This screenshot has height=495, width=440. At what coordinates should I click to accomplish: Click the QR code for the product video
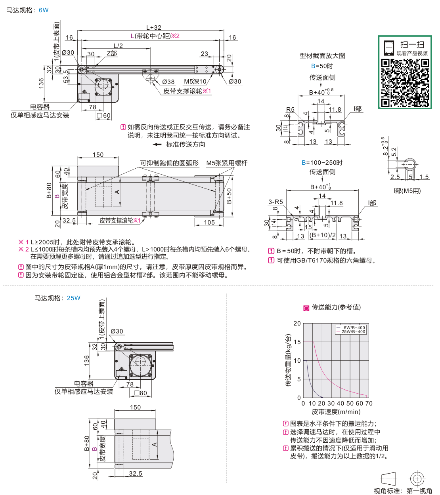[405, 83]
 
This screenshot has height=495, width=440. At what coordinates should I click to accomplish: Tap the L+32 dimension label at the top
[154, 27]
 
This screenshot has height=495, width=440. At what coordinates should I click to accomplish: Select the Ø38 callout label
[168, 82]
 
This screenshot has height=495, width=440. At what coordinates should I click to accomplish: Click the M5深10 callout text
[195, 82]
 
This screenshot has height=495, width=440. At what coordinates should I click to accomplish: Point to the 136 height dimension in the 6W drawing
[41, 84]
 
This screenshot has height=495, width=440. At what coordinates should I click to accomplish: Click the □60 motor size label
[104, 116]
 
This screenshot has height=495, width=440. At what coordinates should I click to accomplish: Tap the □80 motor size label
[141, 393]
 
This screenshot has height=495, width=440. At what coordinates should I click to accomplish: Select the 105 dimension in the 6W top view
[209, 223]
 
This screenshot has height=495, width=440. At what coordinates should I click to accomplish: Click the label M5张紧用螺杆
[227, 163]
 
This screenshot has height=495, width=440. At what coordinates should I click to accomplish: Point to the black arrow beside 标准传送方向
[157, 145]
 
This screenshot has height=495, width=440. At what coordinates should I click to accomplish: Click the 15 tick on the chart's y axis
[297, 342]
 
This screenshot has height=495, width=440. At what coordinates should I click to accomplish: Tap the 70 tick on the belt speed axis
[369, 404]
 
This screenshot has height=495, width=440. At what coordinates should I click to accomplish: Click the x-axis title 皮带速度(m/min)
[336, 412]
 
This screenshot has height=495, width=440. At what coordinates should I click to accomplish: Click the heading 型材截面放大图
[322, 56]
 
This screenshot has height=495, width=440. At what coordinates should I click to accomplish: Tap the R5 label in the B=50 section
[290, 110]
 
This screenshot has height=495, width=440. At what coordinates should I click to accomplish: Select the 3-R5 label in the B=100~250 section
[275, 202]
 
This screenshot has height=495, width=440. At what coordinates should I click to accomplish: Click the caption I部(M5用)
[407, 191]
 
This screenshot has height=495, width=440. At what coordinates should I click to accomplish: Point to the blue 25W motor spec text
[73, 298]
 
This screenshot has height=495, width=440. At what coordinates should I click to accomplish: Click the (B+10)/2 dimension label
[323, 235]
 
